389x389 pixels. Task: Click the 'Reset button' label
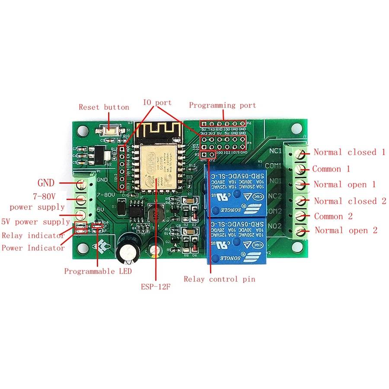104,107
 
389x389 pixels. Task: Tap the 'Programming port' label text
222,105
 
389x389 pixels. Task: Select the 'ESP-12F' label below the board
156,287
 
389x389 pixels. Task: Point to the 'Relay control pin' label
219,279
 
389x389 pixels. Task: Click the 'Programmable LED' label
98,271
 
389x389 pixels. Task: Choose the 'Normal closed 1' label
349,152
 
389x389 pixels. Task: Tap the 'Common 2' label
333,217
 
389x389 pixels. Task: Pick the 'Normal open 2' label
346,230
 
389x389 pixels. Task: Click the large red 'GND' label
46,183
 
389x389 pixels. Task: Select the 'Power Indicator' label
33,248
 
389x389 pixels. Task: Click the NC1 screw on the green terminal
299,153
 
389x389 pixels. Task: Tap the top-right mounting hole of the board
297,128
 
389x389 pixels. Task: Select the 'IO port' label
157,103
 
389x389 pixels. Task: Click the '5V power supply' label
35,222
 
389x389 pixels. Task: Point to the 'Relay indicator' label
33,236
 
